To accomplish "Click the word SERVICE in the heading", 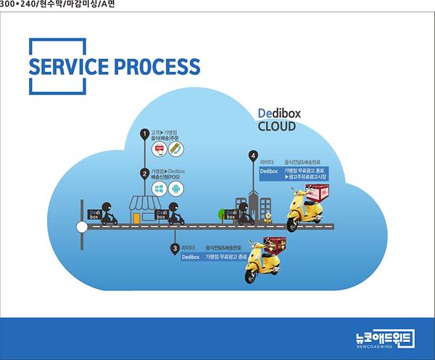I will point(65,67).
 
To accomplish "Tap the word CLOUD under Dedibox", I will point(277,126).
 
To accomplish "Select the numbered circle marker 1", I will point(144,134).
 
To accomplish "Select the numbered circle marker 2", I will point(144,174).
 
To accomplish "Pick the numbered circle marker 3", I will point(175,248).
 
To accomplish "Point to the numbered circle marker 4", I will point(252,155).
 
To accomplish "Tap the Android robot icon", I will point(176,189).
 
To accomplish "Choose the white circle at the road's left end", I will point(82,226).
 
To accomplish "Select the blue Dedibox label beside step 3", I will point(191,257).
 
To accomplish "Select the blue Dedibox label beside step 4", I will point(269,171).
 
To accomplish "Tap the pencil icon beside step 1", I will point(176,149).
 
